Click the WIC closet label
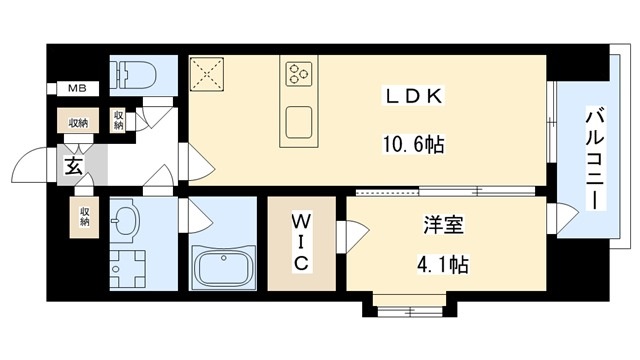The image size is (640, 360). point(304,241)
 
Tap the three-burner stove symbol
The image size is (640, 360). point(299,72)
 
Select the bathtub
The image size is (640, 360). point(225,267)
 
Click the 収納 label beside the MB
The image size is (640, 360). point(78,123)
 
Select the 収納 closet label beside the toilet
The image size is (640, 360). point(118,120)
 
